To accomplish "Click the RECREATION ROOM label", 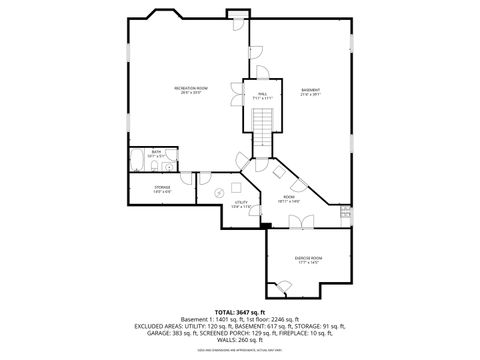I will pos(190,90).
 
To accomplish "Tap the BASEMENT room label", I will pos(310,92).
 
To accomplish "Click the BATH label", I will pos(156,153).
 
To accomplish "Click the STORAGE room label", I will pos(162,187).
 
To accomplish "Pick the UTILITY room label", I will pos(241,204).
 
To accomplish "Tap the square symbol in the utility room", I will pos(236,186).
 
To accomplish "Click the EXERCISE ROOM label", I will pos(307,260).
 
